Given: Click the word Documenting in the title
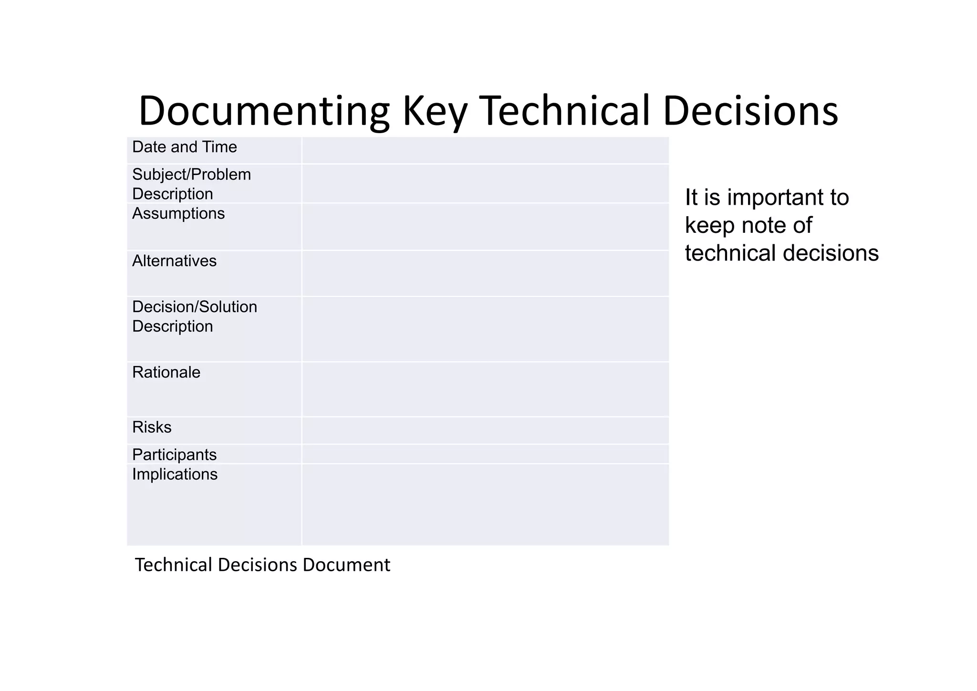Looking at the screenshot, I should click(x=264, y=111).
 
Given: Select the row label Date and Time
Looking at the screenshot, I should click(x=184, y=147).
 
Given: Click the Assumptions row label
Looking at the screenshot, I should click(x=178, y=214).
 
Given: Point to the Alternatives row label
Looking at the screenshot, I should click(x=174, y=261).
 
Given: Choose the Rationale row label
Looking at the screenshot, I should click(x=166, y=372).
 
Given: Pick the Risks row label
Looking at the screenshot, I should click(x=152, y=427).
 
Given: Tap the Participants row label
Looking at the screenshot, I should click(x=174, y=455).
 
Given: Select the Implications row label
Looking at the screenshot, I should click(x=175, y=474).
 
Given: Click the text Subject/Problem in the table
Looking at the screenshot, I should click(x=191, y=175).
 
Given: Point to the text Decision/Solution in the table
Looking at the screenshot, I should click(x=194, y=307).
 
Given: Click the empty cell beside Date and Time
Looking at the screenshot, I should click(x=485, y=150).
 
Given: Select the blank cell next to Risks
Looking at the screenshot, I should click(x=485, y=430).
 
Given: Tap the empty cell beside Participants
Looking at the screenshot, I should click(x=485, y=454).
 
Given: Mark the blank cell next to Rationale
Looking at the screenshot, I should click(x=485, y=389).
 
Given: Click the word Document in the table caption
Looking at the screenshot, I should click(x=346, y=565).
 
